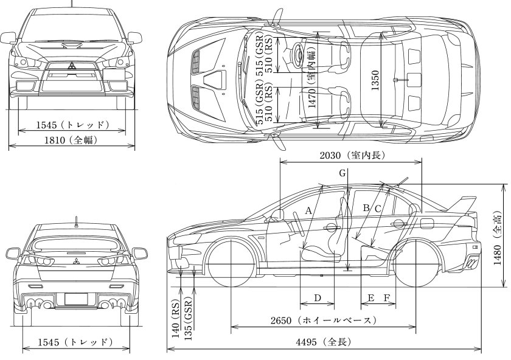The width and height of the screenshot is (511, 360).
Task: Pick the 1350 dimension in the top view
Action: coord(375,82)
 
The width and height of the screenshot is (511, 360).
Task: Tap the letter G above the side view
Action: coord(343,173)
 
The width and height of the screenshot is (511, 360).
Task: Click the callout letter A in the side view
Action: coord(308,210)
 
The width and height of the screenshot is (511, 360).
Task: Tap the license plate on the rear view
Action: coord(76,299)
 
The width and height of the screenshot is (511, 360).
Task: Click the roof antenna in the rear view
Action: coord(76,220)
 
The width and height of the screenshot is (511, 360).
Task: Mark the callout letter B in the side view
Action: coord(366,208)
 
